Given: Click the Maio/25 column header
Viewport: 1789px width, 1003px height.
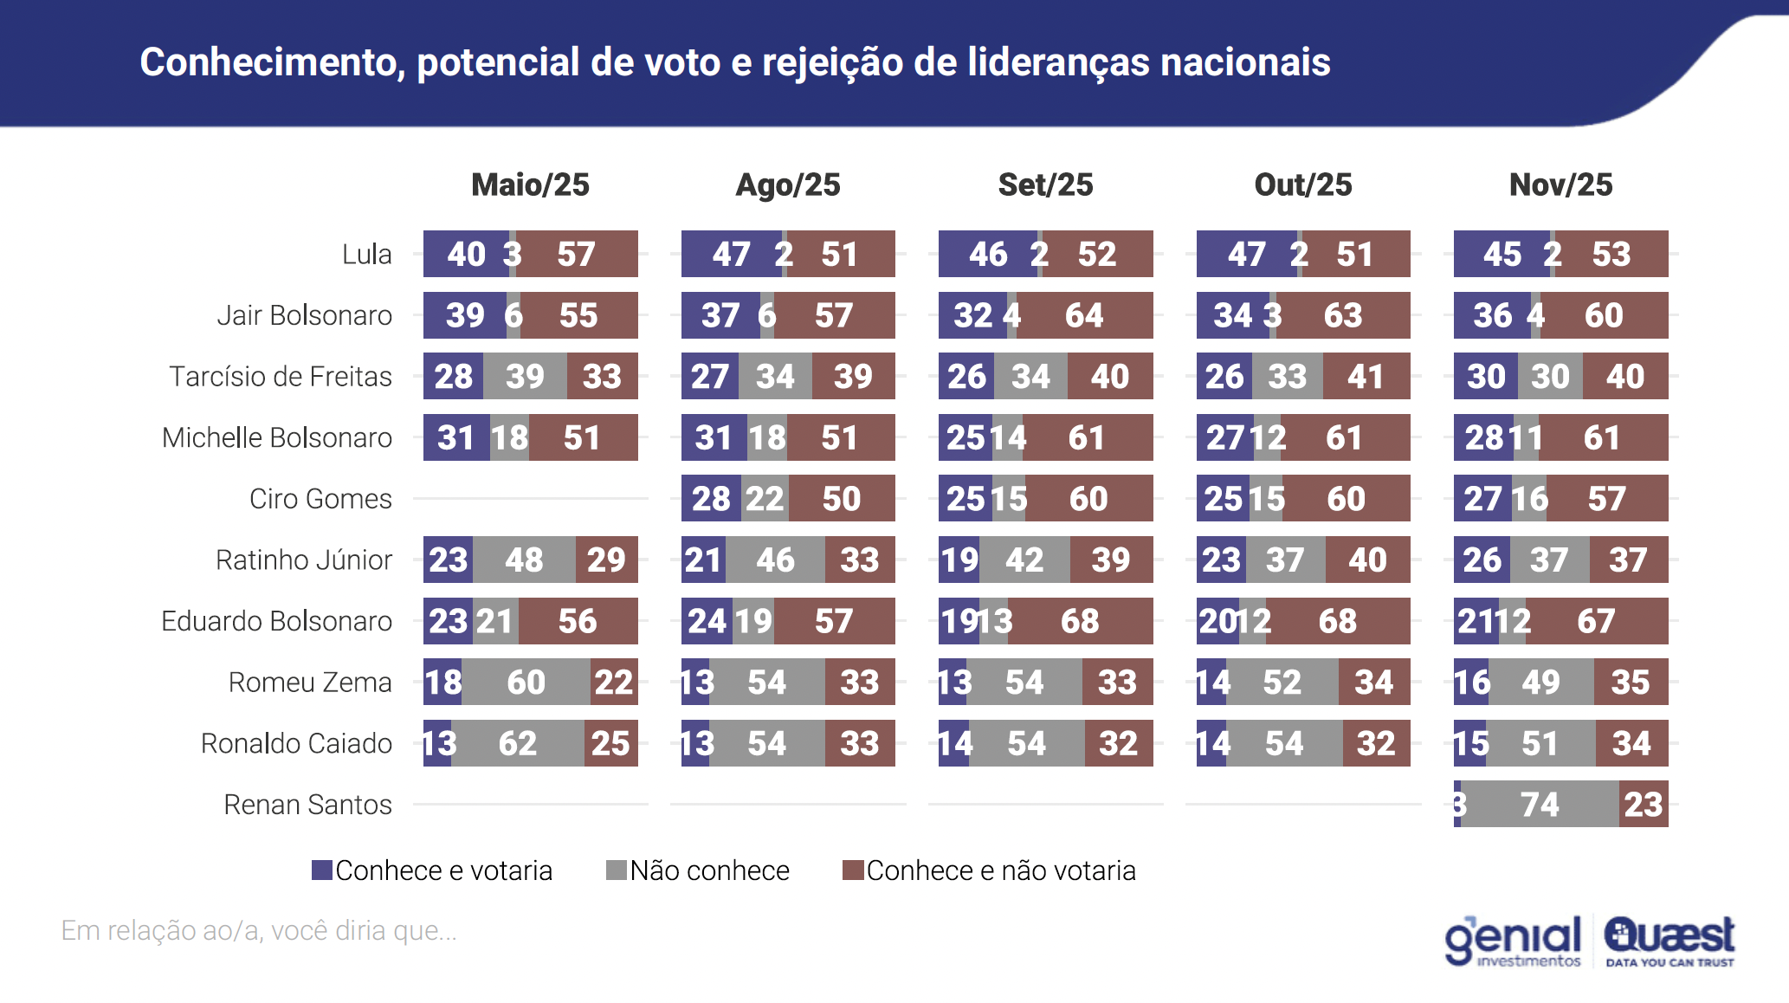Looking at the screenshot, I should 530,184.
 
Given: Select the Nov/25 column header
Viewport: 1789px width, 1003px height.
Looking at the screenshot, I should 1560,184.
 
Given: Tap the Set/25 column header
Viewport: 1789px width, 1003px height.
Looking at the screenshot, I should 1045,184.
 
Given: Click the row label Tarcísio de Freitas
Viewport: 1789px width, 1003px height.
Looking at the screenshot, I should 281,377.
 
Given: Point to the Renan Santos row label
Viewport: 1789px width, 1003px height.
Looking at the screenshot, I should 307,805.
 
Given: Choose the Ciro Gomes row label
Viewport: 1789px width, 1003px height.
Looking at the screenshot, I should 320,499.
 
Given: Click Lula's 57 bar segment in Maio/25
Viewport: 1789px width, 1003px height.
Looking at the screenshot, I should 577,254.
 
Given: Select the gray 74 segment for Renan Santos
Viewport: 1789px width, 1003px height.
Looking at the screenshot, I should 1540,805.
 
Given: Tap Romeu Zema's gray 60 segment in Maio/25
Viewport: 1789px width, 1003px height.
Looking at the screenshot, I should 526,683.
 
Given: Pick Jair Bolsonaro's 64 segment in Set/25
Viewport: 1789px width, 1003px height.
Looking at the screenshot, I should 1084,315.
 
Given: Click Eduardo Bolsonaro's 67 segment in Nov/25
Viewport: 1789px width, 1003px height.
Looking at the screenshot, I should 1595,621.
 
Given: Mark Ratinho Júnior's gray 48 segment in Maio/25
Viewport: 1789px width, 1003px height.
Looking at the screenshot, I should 524,560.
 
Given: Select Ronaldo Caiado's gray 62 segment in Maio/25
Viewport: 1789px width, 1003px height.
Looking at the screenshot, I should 518,743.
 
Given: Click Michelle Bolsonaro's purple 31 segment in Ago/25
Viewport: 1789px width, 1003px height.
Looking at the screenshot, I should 714,437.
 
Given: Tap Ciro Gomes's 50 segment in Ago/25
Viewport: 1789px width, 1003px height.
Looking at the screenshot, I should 841,499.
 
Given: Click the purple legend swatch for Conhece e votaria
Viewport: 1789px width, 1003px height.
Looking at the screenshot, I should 322,870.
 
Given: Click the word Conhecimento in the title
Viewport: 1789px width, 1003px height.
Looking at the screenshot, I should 272,62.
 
